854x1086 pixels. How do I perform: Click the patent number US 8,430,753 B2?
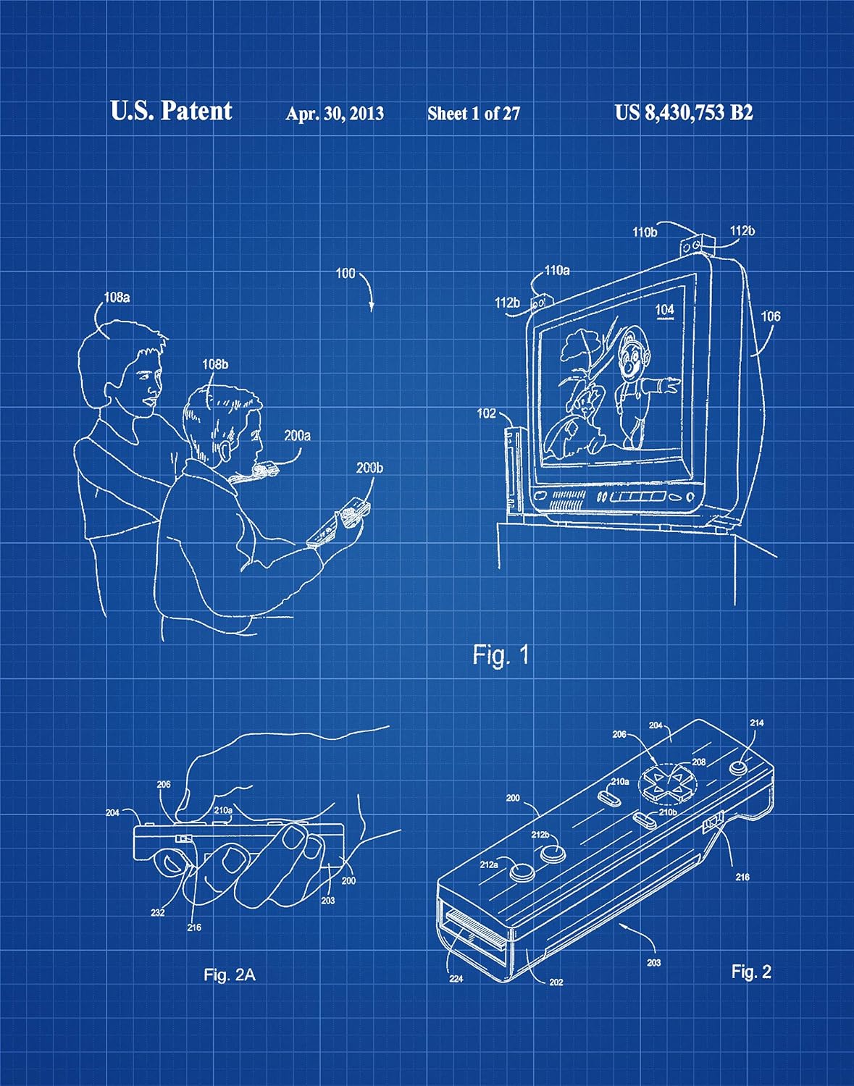[683, 113]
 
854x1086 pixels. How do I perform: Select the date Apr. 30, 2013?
[335, 114]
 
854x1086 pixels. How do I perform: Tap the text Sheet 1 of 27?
[474, 114]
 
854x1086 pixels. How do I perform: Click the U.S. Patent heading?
[171, 111]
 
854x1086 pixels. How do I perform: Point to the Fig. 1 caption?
[501, 655]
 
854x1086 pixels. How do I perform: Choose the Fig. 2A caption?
[229, 975]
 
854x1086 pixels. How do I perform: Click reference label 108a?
[117, 297]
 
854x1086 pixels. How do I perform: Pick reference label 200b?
[369, 468]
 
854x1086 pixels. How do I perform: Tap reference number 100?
[346, 274]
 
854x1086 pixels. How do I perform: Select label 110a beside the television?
[557, 271]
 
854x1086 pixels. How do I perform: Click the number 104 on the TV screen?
[664, 310]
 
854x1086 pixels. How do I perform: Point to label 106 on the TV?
[771, 316]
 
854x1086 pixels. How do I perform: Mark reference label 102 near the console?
[487, 413]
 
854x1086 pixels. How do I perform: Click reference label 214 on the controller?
[756, 723]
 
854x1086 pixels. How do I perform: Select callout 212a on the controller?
[488, 864]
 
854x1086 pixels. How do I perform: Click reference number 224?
[457, 979]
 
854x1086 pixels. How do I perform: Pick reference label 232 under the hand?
[158, 912]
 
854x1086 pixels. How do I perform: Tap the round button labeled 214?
[740, 765]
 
